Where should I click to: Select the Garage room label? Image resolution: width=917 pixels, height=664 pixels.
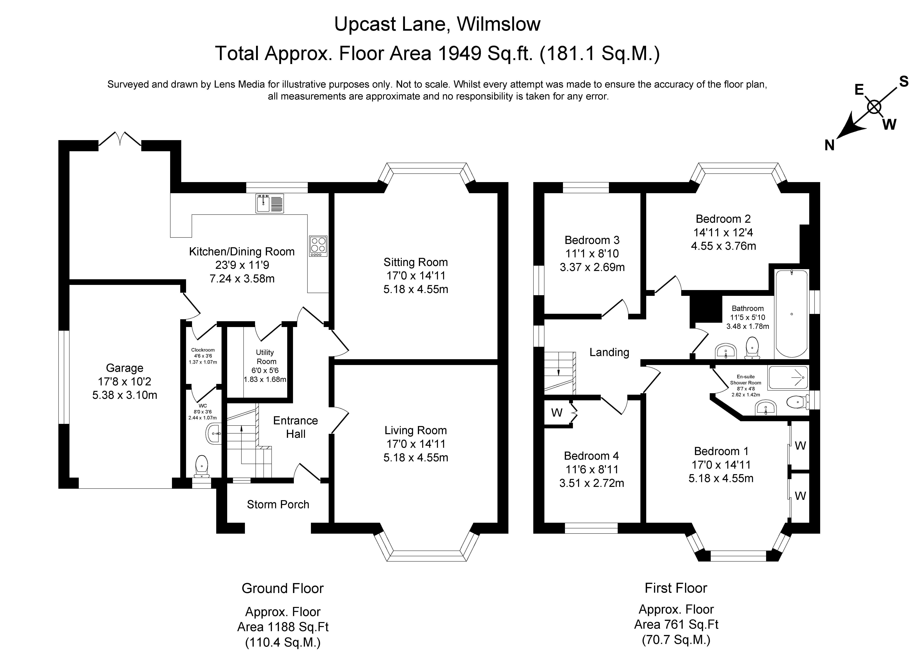coord(125,368)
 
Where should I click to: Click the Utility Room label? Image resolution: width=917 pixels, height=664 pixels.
coord(265,357)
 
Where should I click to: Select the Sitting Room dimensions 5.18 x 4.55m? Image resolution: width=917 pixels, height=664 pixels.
coord(416,289)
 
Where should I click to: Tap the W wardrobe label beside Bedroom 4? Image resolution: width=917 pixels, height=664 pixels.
coord(557,413)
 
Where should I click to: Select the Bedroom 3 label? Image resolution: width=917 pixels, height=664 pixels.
coord(592,240)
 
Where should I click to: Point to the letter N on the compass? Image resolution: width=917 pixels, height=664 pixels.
coord(829,145)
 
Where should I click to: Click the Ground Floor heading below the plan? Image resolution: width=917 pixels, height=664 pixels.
coord(283,588)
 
